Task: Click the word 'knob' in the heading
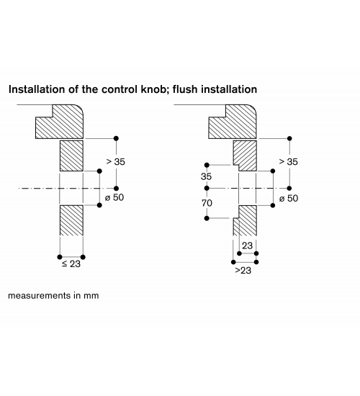pos(153,89)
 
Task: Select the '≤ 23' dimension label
pos(71,264)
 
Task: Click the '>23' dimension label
pos(243,271)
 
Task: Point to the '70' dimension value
pos(207,203)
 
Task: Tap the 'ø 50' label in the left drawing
pos(114,197)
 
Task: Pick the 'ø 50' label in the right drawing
pos(289,199)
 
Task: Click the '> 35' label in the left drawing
pos(116,161)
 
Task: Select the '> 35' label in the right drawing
pos(288,161)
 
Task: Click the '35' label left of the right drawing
pos(206,176)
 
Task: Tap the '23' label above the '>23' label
pos(247,246)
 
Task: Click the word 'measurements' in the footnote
pos(40,295)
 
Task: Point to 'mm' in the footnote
pos(91,296)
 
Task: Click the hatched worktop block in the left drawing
pos(59,122)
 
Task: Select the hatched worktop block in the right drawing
pos(233,122)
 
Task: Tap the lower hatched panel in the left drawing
pos(71,220)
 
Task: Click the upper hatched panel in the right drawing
pos(245,156)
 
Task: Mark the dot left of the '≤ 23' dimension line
pos(60,257)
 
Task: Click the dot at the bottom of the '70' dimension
pos(207,218)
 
